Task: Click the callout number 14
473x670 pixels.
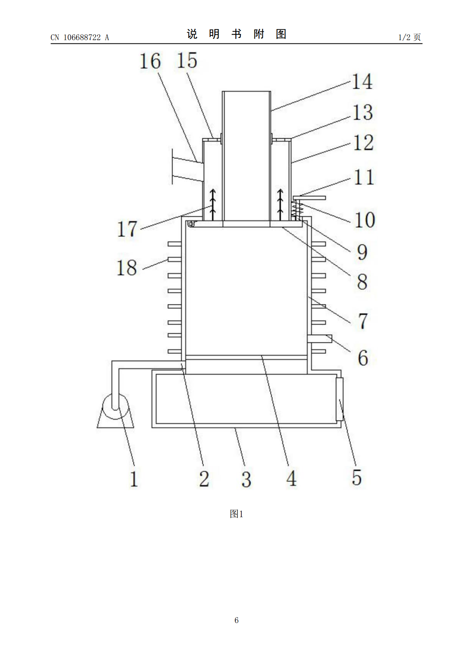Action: pyautogui.click(x=362, y=81)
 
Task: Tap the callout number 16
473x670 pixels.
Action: pyautogui.click(x=150, y=61)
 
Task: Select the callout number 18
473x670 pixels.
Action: pyautogui.click(x=127, y=267)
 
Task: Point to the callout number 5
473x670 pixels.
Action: pyautogui.click(x=357, y=477)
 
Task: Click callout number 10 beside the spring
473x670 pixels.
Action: pyautogui.click(x=365, y=220)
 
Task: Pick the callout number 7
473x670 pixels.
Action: pyautogui.click(x=363, y=321)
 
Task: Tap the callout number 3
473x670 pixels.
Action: pyautogui.click(x=246, y=479)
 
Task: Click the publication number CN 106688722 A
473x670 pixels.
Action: pyautogui.click(x=80, y=37)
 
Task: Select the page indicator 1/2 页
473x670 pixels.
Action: pyautogui.click(x=409, y=37)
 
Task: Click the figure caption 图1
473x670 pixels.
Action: pyautogui.click(x=236, y=514)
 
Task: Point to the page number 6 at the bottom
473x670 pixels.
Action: pyautogui.click(x=236, y=620)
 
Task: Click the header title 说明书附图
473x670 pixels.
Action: pyautogui.click(x=236, y=34)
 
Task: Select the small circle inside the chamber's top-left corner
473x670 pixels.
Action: pyautogui.click(x=191, y=224)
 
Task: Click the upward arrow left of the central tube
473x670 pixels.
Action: pyautogui.click(x=213, y=205)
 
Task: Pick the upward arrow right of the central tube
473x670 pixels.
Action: pyautogui.click(x=280, y=205)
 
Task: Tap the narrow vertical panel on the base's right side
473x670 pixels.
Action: pyautogui.click(x=339, y=399)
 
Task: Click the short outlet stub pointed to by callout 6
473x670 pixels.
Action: pyautogui.click(x=320, y=339)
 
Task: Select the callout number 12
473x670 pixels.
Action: pyautogui.click(x=363, y=143)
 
